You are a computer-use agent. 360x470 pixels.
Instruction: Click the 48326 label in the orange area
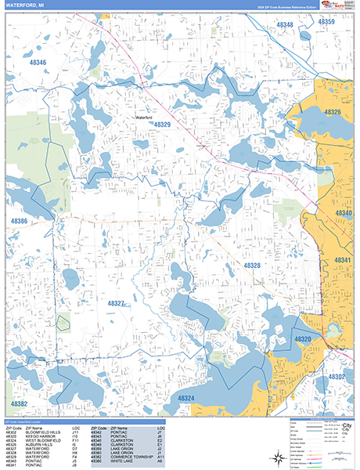click(333, 113)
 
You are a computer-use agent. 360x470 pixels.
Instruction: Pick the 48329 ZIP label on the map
click(162, 125)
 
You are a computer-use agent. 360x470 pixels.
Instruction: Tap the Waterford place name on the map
click(143, 117)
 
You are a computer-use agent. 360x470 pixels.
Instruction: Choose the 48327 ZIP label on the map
click(116, 303)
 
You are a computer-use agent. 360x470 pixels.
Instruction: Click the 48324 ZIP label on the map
click(185, 399)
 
